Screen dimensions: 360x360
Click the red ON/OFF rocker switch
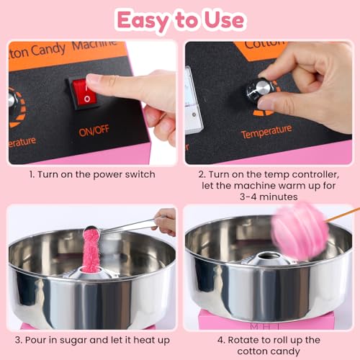83,94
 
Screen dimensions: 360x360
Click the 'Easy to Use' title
180,19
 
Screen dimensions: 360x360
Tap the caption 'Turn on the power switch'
92,175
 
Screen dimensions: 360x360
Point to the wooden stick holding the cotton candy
344,215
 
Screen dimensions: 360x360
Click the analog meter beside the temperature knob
193,101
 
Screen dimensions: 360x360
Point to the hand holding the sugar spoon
166,221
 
